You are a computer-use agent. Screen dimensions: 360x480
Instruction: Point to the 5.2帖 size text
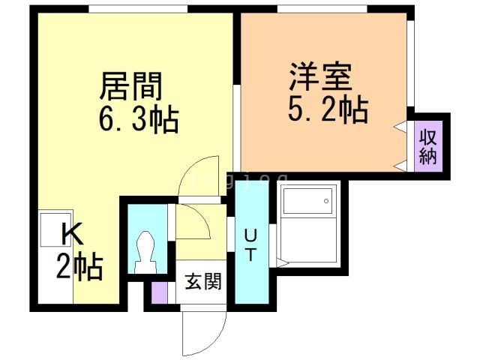point(328,110)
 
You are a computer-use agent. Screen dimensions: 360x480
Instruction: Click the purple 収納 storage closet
point(428,147)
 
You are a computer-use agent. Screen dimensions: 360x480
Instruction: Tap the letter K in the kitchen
point(71,235)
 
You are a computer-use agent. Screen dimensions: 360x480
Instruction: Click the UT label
point(250,244)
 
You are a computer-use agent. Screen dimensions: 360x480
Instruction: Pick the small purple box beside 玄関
point(159,293)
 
